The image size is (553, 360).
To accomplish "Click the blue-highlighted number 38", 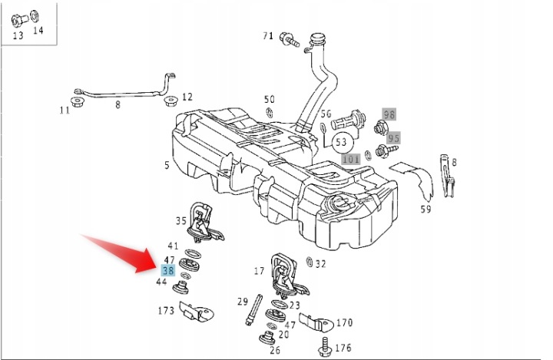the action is [168, 270].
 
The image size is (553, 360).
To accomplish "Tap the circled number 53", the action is [341, 142].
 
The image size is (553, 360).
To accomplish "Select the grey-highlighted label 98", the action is [389, 114].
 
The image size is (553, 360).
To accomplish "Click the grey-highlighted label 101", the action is [351, 159].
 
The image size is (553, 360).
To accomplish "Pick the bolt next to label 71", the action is [289, 39].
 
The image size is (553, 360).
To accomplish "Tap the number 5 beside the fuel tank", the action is [167, 165].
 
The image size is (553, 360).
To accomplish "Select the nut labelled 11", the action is [77, 102].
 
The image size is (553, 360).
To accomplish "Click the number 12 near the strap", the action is [187, 97].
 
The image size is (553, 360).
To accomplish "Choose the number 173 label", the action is [166, 311].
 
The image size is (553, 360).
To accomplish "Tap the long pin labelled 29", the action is [253, 309].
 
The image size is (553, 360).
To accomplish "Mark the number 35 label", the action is [181, 221].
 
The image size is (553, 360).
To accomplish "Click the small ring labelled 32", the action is [310, 262].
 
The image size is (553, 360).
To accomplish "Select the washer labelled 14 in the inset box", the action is [35, 16].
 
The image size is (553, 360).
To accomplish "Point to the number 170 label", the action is [345, 322].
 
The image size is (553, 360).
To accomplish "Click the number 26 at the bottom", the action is [275, 350].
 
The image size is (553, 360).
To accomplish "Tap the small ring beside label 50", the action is [270, 113].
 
